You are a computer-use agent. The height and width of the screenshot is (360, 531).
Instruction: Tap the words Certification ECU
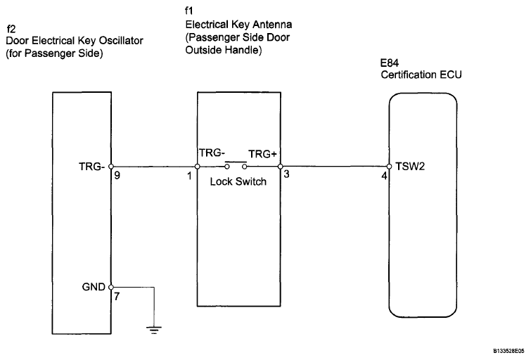click(421, 75)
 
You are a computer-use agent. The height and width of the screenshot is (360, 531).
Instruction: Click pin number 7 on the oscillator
click(117, 297)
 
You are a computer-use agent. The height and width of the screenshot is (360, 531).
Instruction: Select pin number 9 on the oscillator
click(117, 178)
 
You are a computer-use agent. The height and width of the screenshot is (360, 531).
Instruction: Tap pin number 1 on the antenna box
click(189, 178)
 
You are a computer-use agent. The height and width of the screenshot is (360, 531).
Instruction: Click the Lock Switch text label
click(238, 180)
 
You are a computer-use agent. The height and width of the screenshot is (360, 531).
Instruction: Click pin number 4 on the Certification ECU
click(383, 178)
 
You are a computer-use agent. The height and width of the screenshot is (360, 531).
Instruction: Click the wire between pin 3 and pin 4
click(334, 167)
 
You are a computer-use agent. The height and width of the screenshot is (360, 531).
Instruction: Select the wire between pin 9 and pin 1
click(155, 167)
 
